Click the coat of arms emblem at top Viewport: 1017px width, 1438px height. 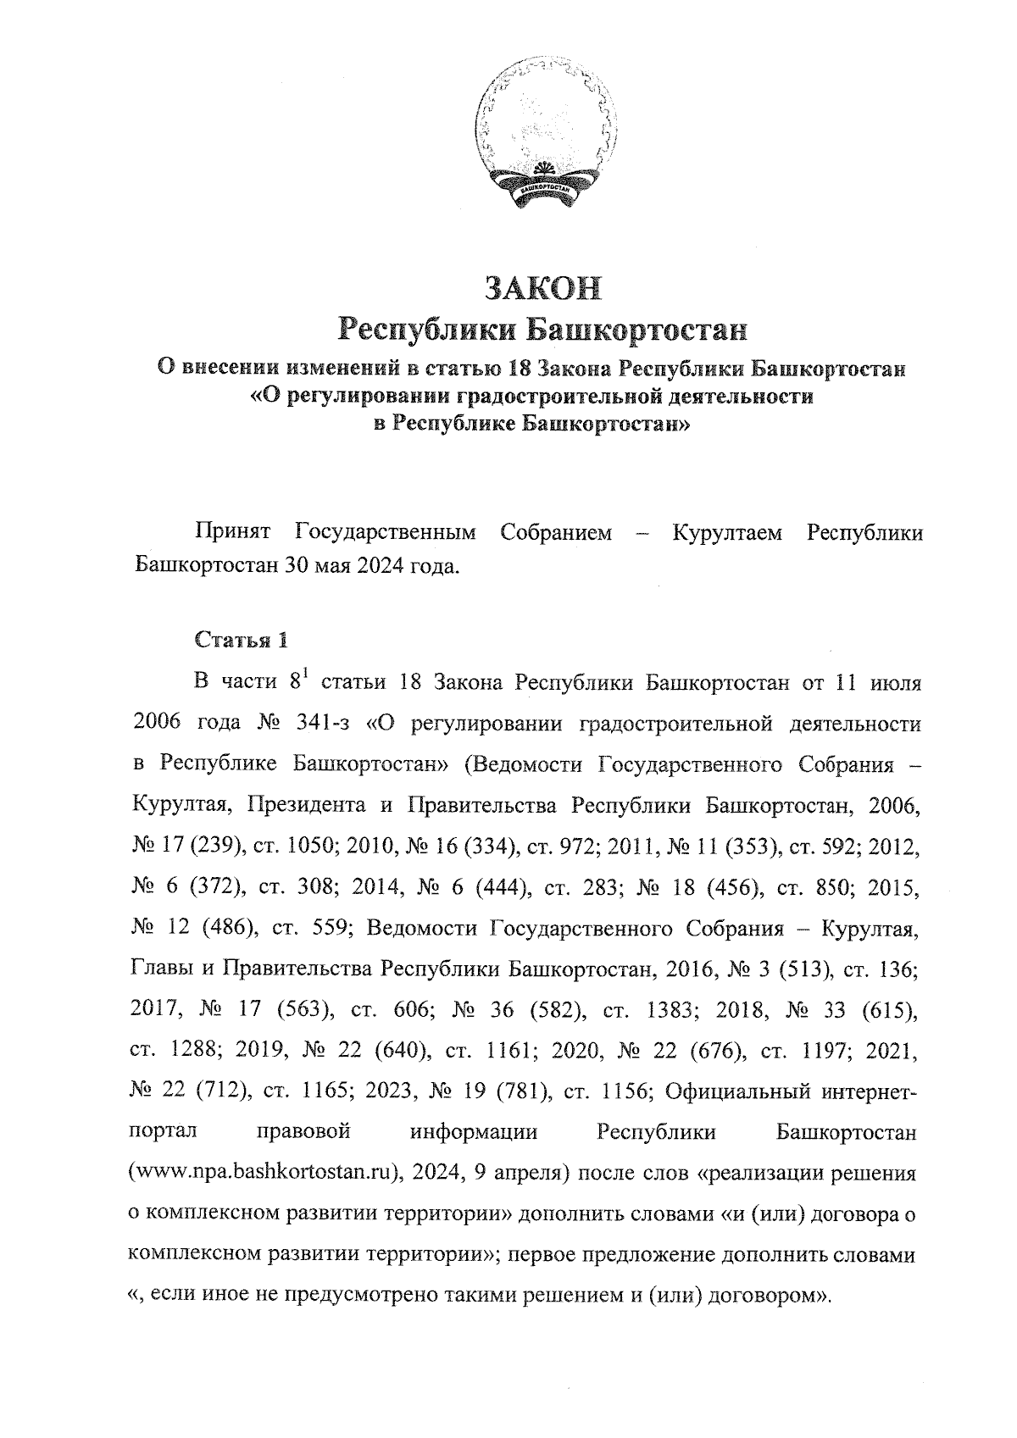[x=542, y=137]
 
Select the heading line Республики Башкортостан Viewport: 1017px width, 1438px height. [x=542, y=330]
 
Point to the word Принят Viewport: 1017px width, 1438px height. [x=232, y=533]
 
